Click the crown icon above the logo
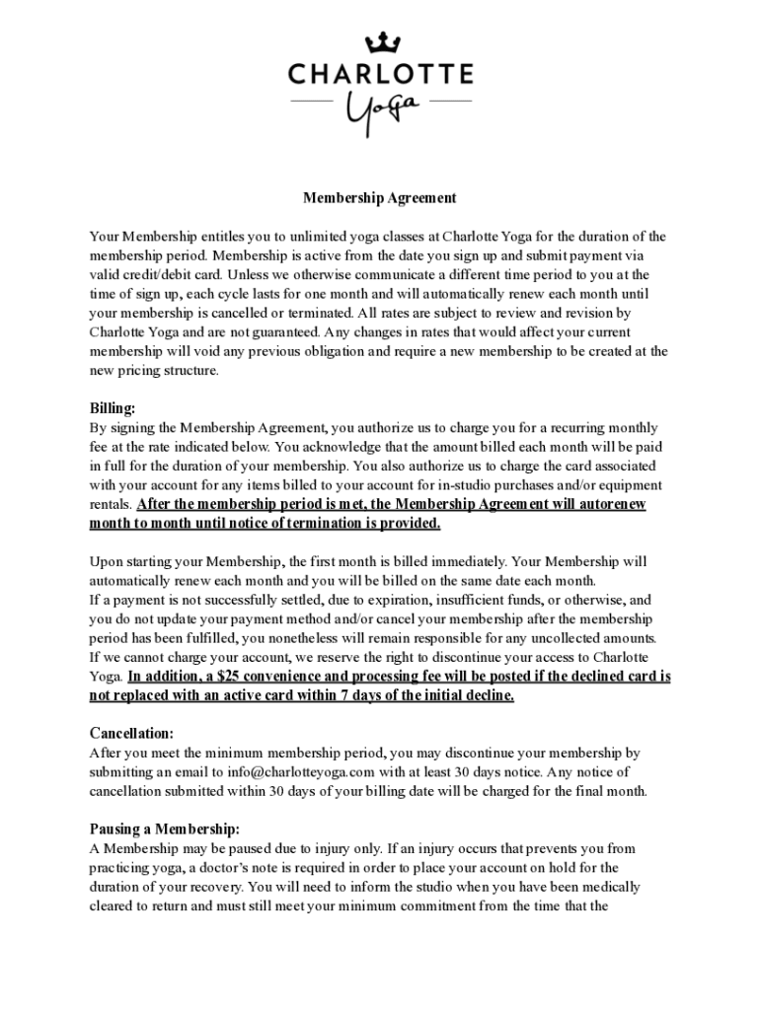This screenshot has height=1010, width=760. [380, 42]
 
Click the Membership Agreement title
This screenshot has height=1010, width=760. [379, 198]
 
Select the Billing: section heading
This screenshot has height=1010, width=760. [113, 408]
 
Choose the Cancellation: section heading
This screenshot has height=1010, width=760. [131, 734]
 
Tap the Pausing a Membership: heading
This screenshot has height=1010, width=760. [165, 829]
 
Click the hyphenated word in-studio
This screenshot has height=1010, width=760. [469, 485]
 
